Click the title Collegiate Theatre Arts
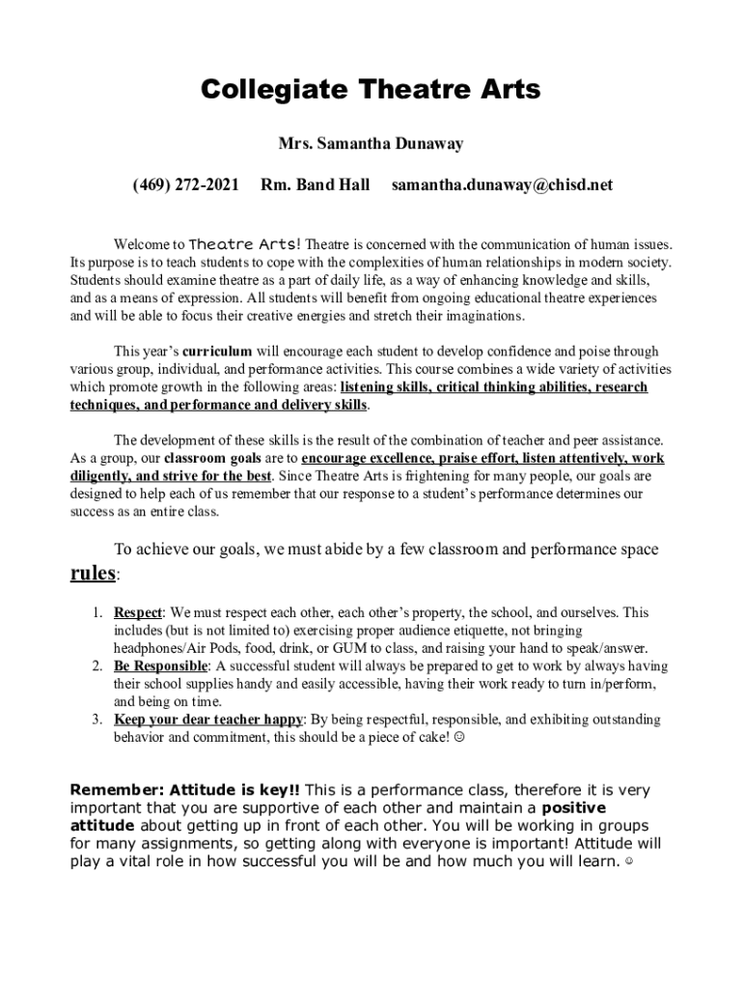371,90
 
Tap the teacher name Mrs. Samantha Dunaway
371,144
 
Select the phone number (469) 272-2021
185,184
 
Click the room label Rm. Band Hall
316,184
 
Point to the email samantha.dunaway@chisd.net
502,184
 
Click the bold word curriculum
217,352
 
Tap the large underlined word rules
94,574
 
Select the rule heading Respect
138,612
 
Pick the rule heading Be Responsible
160,666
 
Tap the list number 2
98,666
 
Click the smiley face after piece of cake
458,738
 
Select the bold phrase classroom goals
231,459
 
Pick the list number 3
98,720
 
